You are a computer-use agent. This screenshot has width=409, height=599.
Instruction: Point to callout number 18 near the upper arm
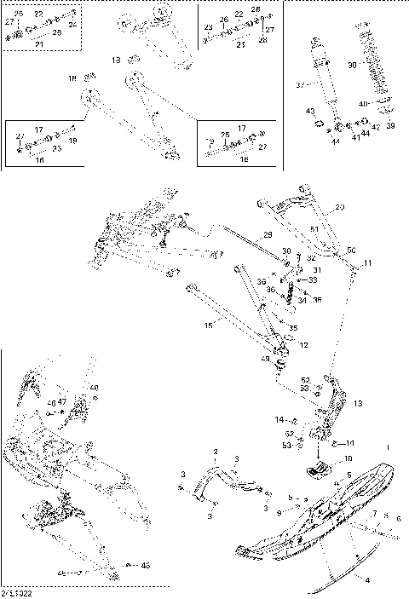(72, 78)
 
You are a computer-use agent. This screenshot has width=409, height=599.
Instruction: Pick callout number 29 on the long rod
(267, 234)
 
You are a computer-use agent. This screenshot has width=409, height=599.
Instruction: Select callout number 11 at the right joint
(369, 263)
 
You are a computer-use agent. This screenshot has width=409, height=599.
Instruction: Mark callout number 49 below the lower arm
(265, 361)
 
